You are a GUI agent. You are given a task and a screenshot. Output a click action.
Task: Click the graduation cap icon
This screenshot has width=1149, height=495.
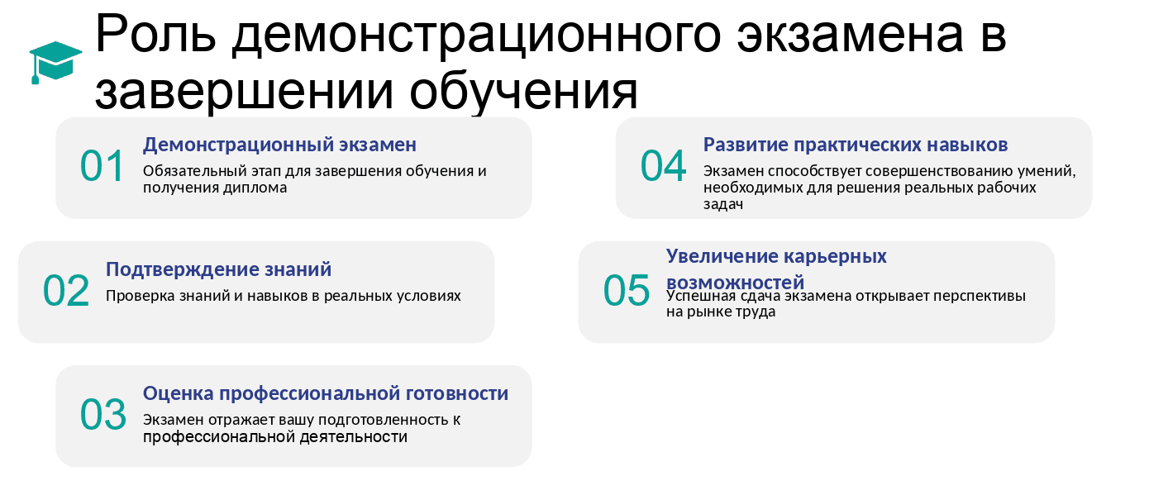point(55,62)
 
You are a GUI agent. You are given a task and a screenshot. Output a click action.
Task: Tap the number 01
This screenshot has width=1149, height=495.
point(103,166)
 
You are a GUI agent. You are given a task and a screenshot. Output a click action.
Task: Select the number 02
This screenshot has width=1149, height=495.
point(66,291)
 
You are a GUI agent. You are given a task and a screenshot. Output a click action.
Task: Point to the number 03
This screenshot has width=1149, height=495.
point(103,415)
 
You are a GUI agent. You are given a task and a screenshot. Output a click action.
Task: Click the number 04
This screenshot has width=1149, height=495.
point(663,166)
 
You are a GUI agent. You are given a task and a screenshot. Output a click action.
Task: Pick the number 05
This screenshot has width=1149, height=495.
point(627,291)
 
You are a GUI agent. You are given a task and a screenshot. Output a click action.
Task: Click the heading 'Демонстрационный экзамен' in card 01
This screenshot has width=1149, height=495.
point(279,145)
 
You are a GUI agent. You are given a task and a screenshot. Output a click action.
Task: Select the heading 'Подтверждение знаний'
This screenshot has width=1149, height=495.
point(218,269)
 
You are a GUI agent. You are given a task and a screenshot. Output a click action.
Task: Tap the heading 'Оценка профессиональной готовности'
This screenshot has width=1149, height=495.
point(326,393)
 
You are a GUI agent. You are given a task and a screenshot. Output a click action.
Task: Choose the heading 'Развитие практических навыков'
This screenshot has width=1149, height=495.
point(856,145)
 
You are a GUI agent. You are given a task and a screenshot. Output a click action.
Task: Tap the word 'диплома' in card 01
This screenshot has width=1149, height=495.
point(260,188)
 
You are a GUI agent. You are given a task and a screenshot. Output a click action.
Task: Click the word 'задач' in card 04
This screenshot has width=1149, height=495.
point(723,205)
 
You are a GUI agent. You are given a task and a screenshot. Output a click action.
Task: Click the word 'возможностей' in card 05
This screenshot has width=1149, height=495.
point(735,281)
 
